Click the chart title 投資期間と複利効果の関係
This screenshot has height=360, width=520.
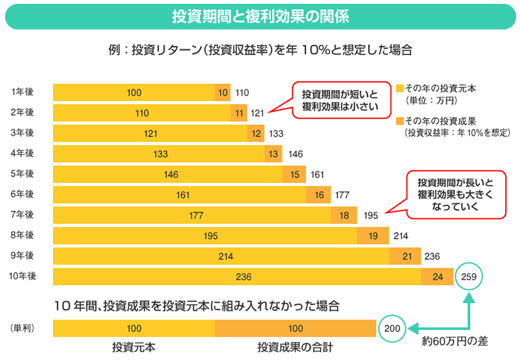pos(260,17)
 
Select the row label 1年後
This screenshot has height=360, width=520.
pos(22,92)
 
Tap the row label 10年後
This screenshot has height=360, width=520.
pos(22,276)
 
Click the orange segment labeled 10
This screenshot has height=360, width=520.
pos(222,93)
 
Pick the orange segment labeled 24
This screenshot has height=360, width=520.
pos(438,277)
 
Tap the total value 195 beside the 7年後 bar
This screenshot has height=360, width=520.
pos(371,216)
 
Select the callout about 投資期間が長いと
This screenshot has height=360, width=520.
pos(456,195)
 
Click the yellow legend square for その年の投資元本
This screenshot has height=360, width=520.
pos(400,88)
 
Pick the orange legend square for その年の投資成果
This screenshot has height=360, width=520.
pos(400,120)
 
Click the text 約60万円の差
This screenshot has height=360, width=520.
pos(455,341)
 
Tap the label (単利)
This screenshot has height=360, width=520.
pos(22,328)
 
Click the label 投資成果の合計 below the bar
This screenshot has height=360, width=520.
pos(295,347)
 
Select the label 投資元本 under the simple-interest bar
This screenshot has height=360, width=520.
pos(134,347)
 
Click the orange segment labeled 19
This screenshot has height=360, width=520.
pos(373,236)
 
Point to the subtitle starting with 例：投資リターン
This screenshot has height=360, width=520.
pos(260,50)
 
